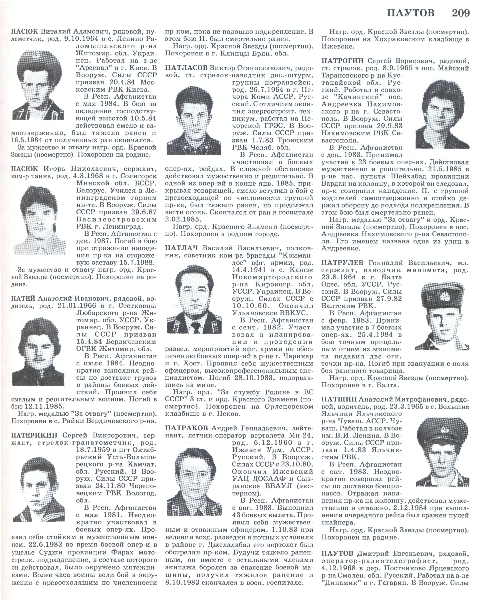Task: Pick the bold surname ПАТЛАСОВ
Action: [186, 68]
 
